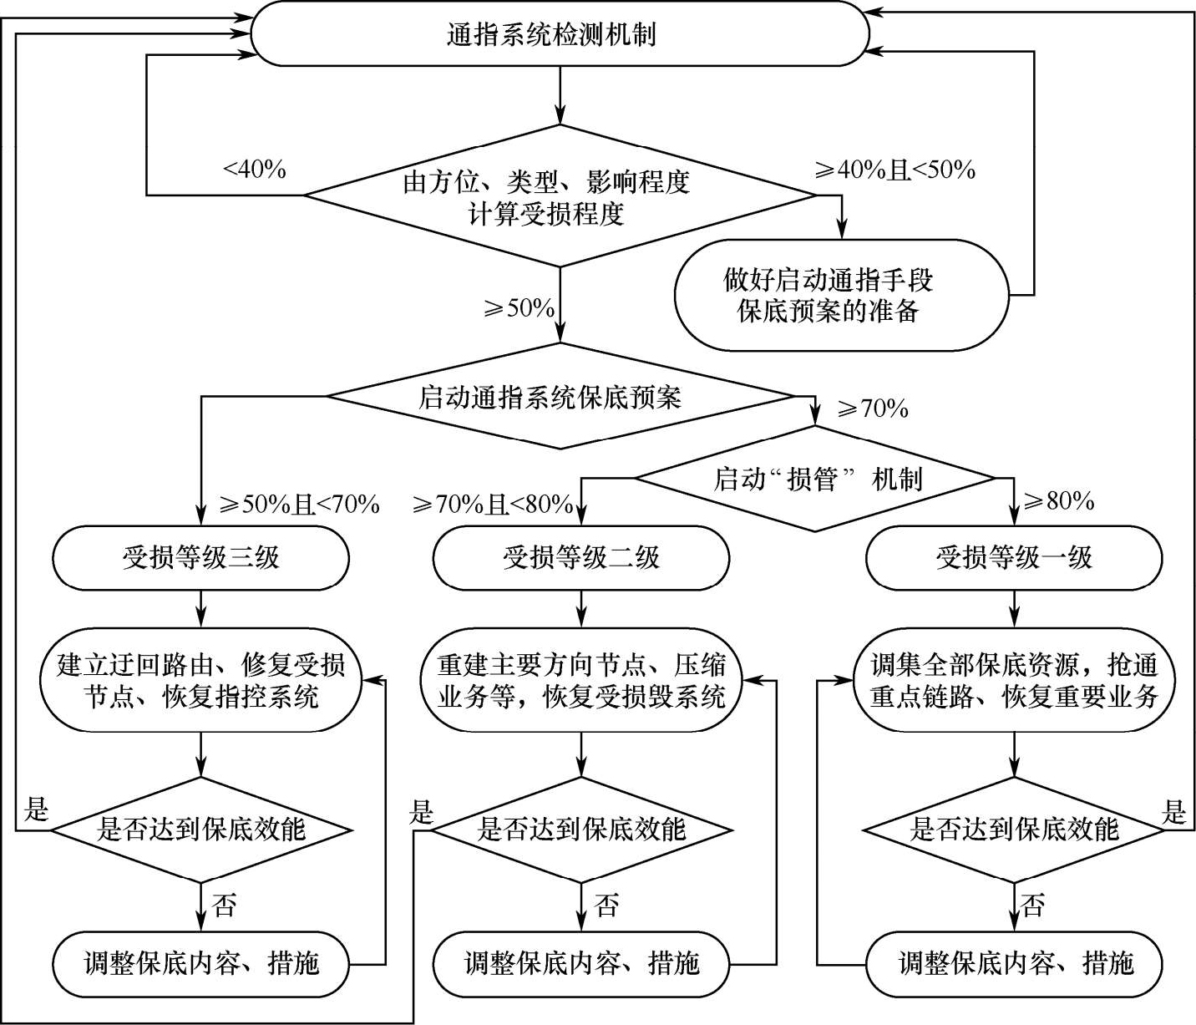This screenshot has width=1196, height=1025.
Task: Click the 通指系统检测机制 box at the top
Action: [x=560, y=35]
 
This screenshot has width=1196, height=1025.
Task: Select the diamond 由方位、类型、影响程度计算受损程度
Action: [x=560, y=196]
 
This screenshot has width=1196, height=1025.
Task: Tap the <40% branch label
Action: [x=255, y=170]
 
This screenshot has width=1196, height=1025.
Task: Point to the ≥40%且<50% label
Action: [x=895, y=170]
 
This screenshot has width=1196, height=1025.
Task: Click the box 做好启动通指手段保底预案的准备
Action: [x=841, y=294]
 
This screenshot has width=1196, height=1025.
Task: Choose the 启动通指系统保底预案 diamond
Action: [x=560, y=397]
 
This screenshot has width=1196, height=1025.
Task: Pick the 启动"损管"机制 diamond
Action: [x=816, y=479]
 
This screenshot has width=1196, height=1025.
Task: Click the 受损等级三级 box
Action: [x=200, y=557]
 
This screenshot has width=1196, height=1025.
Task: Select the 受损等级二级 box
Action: [x=581, y=557]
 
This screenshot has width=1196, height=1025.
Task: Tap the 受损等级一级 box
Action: [x=1014, y=557]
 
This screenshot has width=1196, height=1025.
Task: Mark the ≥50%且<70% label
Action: [x=299, y=504]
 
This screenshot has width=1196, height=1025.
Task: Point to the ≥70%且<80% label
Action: [x=493, y=504]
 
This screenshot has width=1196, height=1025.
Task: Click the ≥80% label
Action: [x=1059, y=501]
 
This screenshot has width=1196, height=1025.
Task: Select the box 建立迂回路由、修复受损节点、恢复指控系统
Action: [x=200, y=681]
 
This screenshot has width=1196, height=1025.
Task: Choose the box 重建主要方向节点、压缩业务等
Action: [x=581, y=681]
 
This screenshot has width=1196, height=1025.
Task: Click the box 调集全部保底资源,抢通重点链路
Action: [x=1014, y=681]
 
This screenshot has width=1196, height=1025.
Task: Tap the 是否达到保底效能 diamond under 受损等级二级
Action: [x=581, y=830]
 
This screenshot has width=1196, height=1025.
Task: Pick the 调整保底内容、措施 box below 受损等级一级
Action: [x=1014, y=963]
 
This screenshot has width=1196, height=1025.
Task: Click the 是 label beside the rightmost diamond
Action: [x=1174, y=810]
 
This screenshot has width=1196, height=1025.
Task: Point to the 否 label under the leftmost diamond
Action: [x=224, y=906]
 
